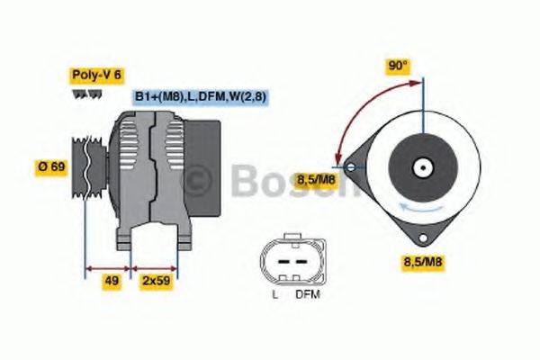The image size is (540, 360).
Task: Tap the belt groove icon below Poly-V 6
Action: [x=83, y=94]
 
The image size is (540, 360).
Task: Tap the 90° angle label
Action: [x=399, y=66]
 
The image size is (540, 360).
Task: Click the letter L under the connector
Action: [x=274, y=294]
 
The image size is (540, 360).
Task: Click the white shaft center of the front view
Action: [x=419, y=167]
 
